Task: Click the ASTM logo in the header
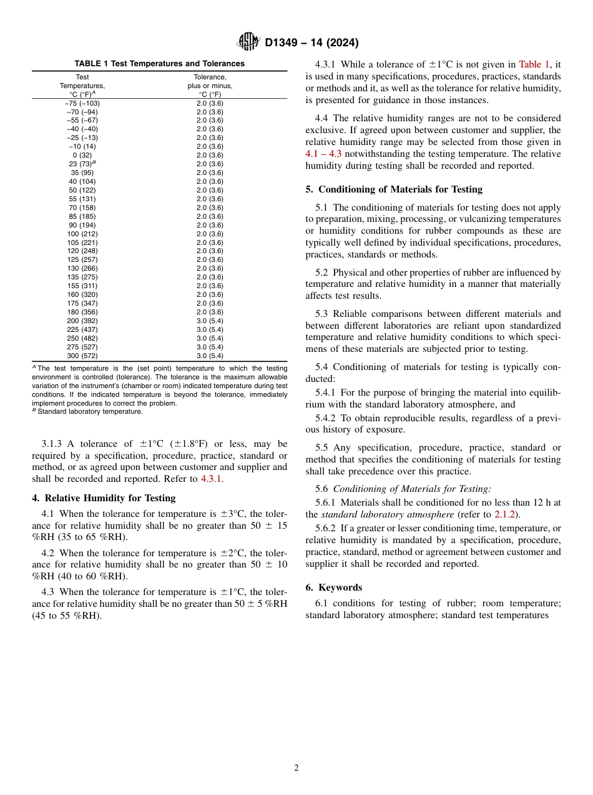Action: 248,42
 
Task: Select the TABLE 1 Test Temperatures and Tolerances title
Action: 159,64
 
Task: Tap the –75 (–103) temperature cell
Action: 82,103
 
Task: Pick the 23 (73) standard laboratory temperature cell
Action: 81,164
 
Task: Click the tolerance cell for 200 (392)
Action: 210,321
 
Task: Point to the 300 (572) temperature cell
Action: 82,356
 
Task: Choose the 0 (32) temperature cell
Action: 82,155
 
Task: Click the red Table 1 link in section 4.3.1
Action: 534,64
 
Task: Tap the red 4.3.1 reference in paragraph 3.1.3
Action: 212,479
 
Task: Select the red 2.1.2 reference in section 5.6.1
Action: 505,514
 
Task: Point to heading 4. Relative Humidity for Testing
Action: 104,498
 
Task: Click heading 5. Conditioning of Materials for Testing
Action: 394,189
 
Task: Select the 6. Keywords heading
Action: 334,587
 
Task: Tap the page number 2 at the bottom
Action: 296,768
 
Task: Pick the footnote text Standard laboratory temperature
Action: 89,412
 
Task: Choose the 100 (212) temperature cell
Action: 82,234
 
